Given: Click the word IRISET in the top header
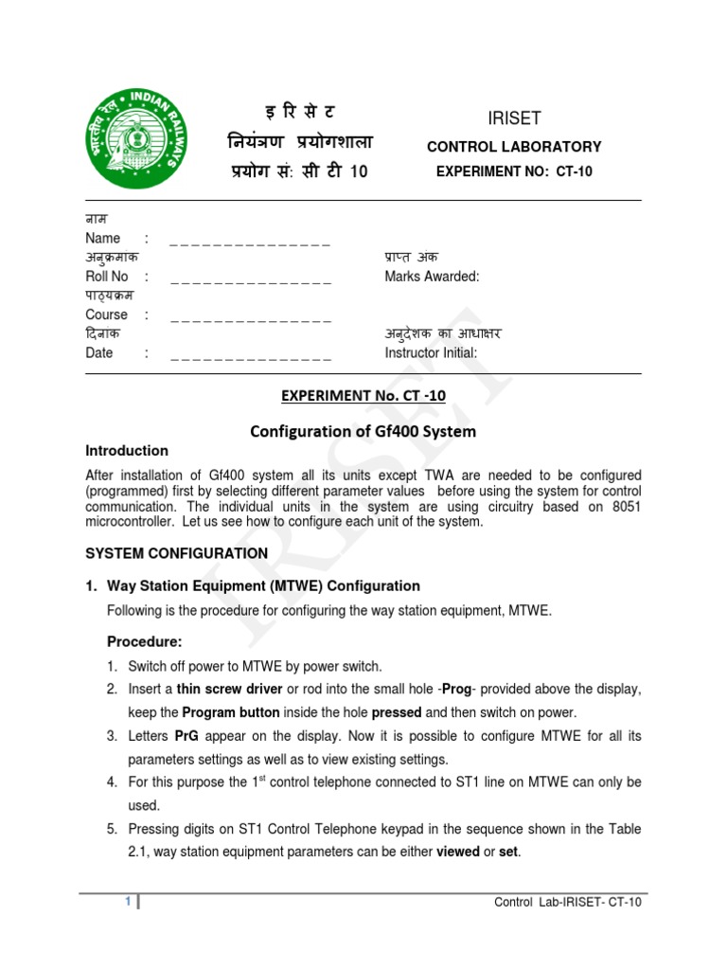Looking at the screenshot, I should tap(513, 118).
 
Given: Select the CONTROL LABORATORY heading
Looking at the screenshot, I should tap(514, 147).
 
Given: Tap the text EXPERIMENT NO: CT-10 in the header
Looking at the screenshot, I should tap(514, 171).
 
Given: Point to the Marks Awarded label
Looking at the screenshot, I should tap(432, 277).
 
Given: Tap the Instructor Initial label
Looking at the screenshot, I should tap(431, 353).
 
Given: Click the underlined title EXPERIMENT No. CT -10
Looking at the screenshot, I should tap(363, 396).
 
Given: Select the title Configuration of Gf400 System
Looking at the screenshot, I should tap(363, 431).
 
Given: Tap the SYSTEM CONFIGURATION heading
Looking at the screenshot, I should tap(177, 553).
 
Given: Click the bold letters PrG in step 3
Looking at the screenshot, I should tap(186, 736).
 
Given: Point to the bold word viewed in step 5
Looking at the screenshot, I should tap(457, 853).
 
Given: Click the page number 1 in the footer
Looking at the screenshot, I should tap(128, 902).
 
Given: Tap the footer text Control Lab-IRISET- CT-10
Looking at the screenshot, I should tap(568, 902).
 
